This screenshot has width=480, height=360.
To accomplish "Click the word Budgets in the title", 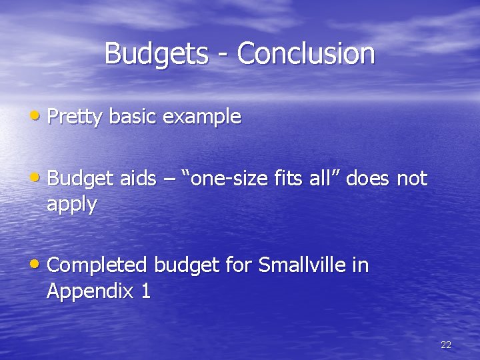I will click(x=155, y=54).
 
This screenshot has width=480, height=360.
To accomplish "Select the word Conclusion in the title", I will click(x=306, y=54).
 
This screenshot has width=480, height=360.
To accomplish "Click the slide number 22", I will click(x=446, y=345).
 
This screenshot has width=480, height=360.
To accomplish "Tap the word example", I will click(x=202, y=117).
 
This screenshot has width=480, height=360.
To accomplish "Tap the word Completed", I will click(x=97, y=265).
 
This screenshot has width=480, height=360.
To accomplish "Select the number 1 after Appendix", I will click(x=145, y=291).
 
